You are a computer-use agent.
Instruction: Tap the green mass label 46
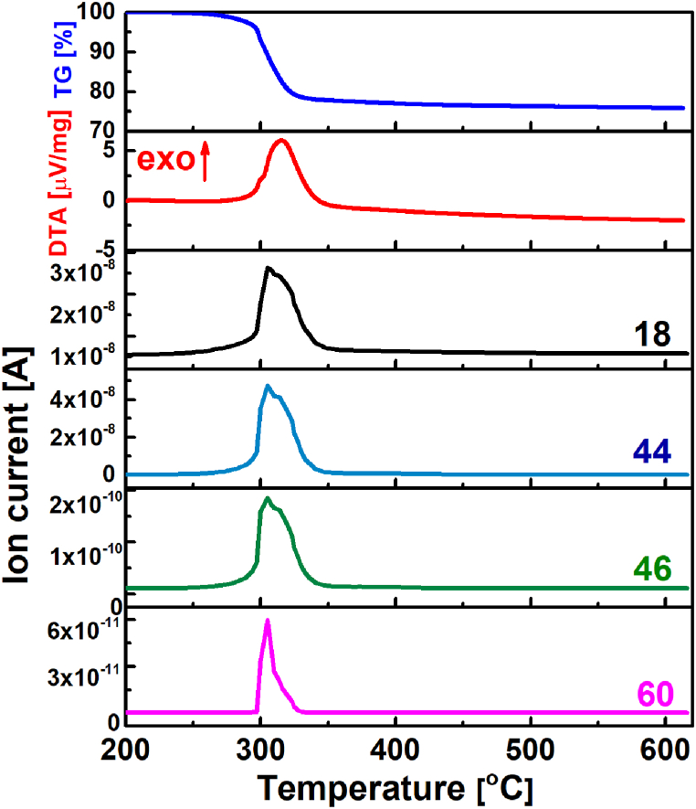tap(650, 569)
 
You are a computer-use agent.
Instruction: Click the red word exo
tap(167, 161)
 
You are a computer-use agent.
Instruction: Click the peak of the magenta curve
tap(268, 621)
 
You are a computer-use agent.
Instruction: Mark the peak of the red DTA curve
tap(281, 140)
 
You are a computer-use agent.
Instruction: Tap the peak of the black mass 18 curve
tap(267, 267)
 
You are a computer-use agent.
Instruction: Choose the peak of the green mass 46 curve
tap(267, 498)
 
